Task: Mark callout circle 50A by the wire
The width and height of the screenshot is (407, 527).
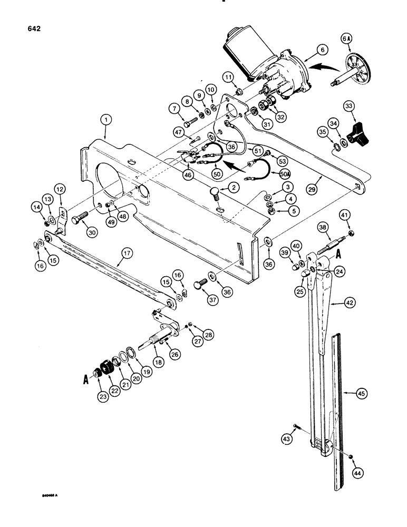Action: [x=285, y=174]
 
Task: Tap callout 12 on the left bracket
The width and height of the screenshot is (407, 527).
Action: [x=60, y=189]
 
